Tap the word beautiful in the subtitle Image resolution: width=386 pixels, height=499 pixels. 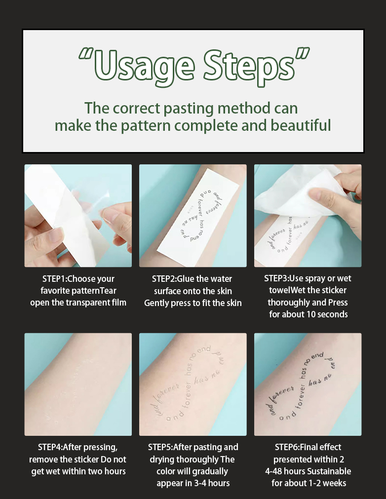(301, 125)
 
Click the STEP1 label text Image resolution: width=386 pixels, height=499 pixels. (55, 278)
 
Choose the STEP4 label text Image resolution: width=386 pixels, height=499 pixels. (51, 447)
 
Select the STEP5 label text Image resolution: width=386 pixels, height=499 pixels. (160, 447)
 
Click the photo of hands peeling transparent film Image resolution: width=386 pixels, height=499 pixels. (78, 216)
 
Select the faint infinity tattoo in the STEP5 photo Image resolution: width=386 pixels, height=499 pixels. (193, 385)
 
